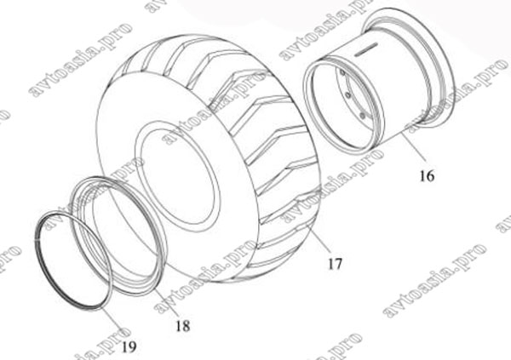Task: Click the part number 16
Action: point(427,176)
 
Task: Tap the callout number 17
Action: point(335,264)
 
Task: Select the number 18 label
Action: point(182,325)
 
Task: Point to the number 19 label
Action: point(129,347)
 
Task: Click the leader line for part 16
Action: point(414,146)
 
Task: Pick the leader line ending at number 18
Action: point(166,302)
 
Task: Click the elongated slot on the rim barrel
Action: point(365,49)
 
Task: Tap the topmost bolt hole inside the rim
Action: point(342,72)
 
